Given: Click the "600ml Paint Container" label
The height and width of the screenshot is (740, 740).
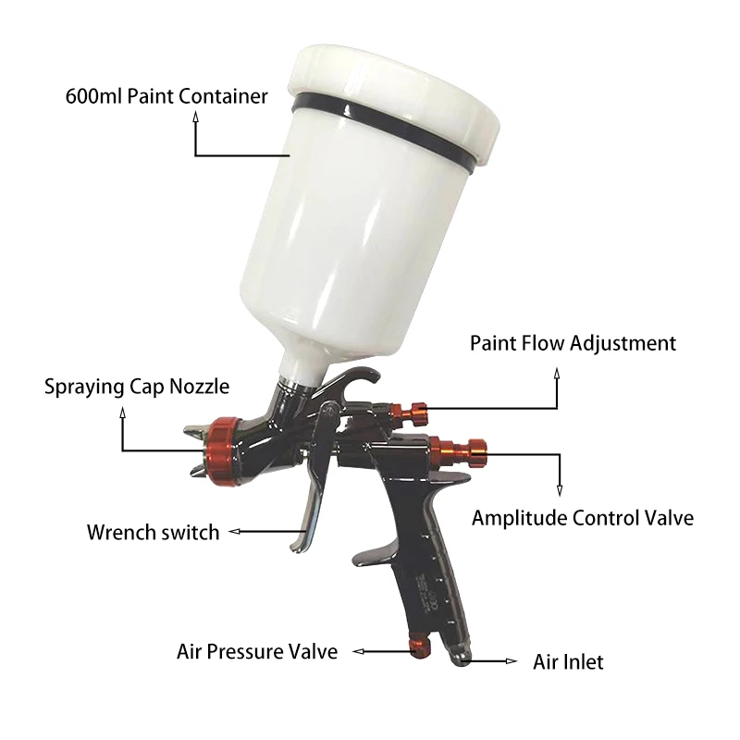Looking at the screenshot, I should pyautogui.click(x=166, y=96).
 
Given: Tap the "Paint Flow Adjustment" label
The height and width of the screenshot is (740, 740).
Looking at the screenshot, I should pyautogui.click(x=573, y=344).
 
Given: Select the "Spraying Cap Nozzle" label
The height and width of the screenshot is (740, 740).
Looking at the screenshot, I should pyautogui.click(x=137, y=386).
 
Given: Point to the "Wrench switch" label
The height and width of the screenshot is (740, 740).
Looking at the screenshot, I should pyautogui.click(x=153, y=532).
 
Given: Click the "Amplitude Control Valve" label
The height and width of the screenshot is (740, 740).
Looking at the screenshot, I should pyautogui.click(x=582, y=518).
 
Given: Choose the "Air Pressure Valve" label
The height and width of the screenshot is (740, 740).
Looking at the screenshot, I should pyautogui.click(x=257, y=651).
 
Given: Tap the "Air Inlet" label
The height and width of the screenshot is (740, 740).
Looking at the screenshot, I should pyautogui.click(x=568, y=662).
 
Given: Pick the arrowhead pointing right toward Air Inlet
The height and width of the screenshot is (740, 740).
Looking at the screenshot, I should pyautogui.click(x=512, y=661).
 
